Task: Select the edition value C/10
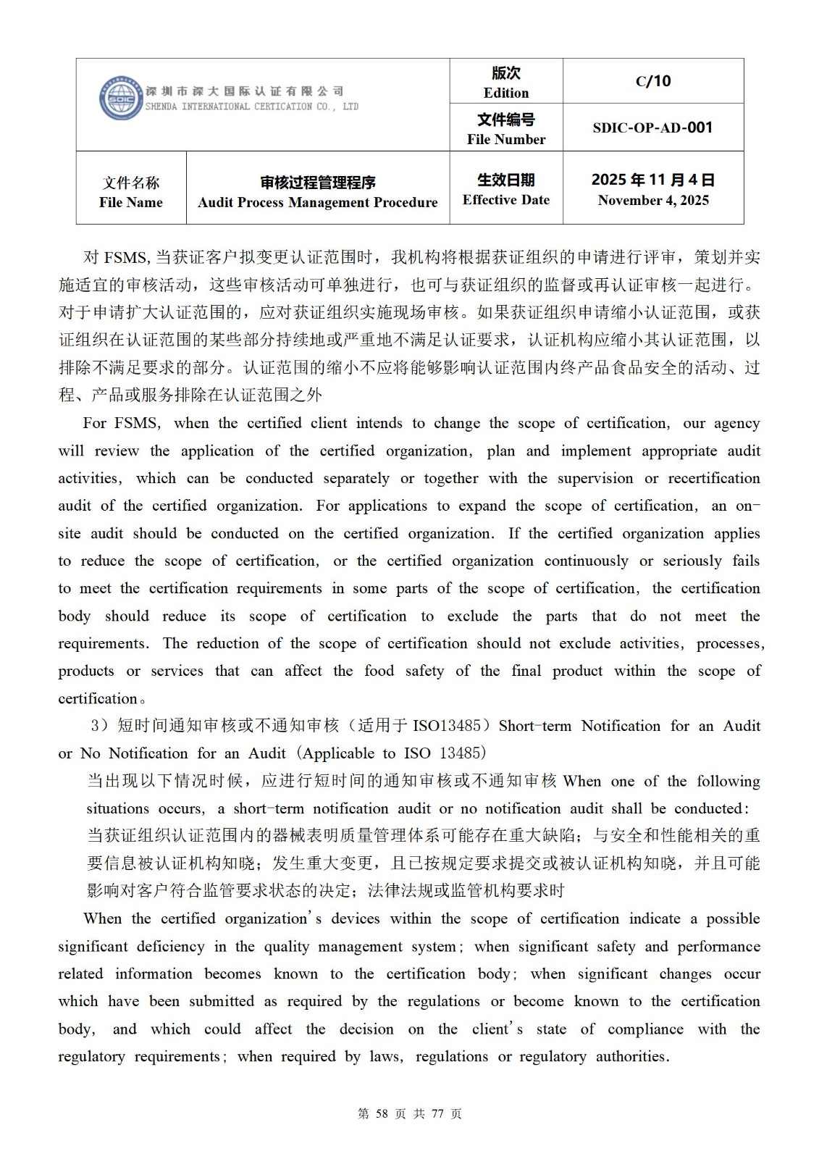[x=653, y=81]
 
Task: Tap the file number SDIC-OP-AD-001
[x=652, y=127]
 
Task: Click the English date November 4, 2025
[x=653, y=200]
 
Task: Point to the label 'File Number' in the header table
[x=506, y=139]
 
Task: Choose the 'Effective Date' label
[x=506, y=200]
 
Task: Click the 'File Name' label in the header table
[x=131, y=202]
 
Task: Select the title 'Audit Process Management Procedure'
[x=318, y=202]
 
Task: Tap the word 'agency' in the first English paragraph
[x=737, y=423]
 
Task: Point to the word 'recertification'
[x=713, y=478]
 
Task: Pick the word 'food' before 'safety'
[x=379, y=671]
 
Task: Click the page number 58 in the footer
[x=383, y=1114]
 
